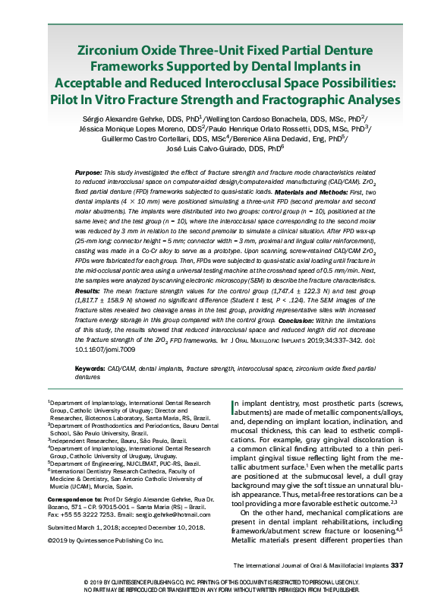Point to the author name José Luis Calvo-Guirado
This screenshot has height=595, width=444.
(206, 150)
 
